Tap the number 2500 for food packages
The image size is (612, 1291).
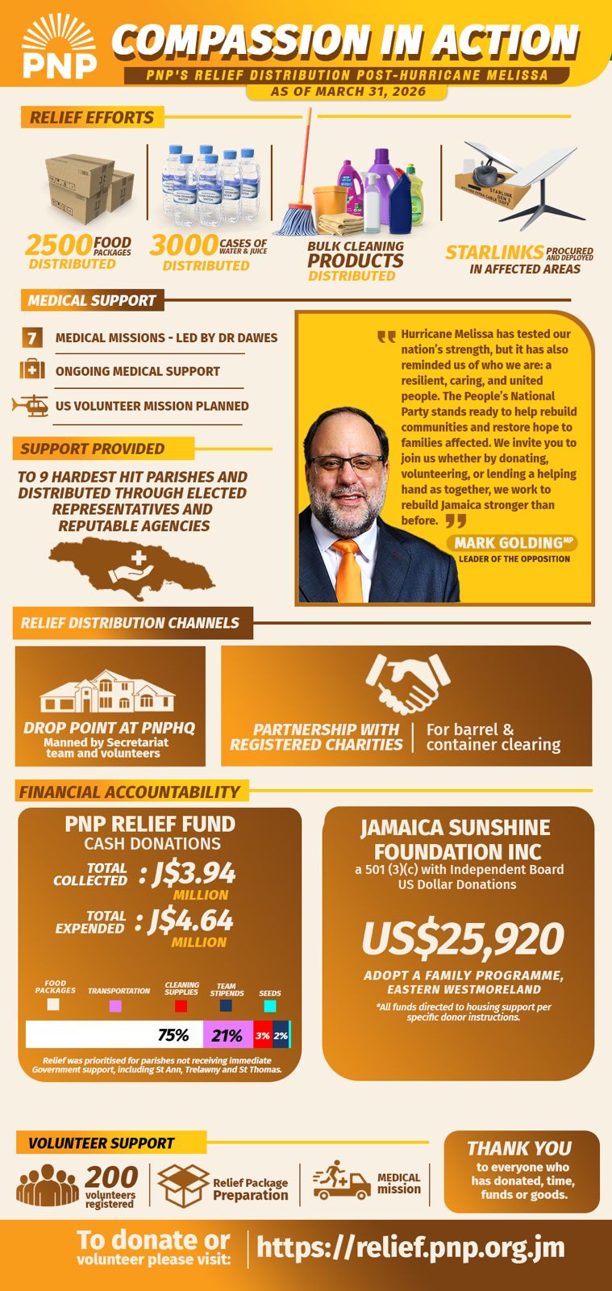[x=58, y=244]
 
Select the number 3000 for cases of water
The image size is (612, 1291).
[x=183, y=244]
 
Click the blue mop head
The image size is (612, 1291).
[x=296, y=219]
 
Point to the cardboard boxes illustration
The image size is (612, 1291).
[x=89, y=190]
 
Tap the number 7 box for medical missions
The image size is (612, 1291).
[x=32, y=337]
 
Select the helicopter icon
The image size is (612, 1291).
[x=31, y=405]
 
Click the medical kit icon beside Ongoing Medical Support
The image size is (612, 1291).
[x=32, y=370]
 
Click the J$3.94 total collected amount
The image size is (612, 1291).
[x=194, y=873]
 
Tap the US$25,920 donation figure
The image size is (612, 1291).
[x=462, y=938]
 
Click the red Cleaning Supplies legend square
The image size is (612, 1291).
[x=181, y=1006]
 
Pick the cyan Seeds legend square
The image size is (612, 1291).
[x=270, y=1006]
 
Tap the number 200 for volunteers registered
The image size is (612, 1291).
[x=111, y=1176]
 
